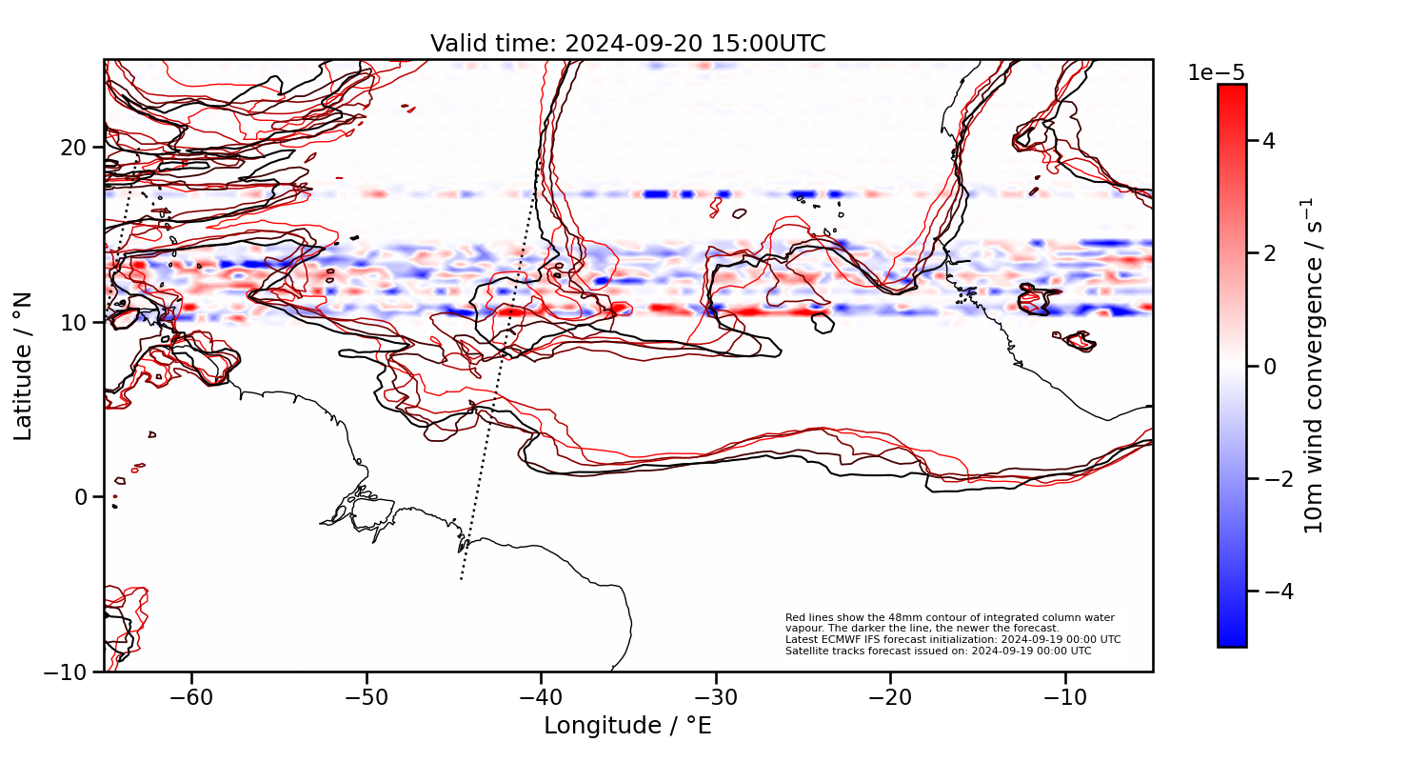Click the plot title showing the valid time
click(627, 44)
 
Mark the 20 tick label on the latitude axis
click(76, 148)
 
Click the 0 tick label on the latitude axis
click(83, 497)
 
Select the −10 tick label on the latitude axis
click(69, 672)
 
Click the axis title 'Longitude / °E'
click(627, 726)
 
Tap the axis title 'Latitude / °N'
click(24, 366)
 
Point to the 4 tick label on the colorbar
click(1269, 141)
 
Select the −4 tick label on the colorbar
click(1277, 591)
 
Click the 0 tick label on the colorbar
click(1269, 366)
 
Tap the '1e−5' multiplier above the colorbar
click(1216, 73)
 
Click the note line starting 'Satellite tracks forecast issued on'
click(938, 651)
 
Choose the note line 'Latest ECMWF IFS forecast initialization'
click(952, 639)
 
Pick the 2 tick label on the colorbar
click(1269, 253)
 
